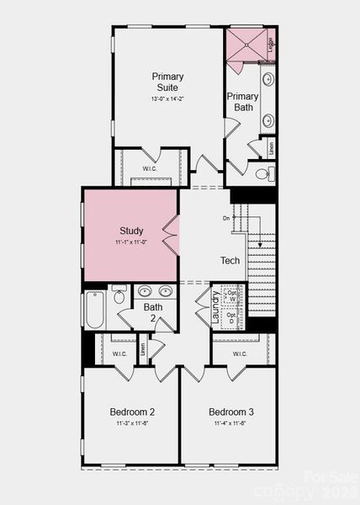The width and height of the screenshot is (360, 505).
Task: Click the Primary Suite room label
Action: coord(168,82)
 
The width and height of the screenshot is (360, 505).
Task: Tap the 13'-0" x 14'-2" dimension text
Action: coord(168,99)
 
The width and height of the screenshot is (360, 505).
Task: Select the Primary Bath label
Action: coord(242,102)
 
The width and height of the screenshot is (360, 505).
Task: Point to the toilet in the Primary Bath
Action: coord(261,175)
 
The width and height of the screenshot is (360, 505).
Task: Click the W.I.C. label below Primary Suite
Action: coord(150,168)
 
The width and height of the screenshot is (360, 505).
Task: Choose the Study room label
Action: coord(131,231)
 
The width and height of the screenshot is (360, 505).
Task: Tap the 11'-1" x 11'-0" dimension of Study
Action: coord(130,242)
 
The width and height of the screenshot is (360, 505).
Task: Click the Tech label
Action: coord(230,261)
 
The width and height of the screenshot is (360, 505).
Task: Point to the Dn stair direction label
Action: coord(226,219)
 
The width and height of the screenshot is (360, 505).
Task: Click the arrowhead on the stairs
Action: coord(260,245)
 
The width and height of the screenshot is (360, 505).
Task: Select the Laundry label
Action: coord(216,308)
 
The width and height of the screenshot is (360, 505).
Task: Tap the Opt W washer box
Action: coord(232,295)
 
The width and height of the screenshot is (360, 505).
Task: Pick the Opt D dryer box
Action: coord(232,319)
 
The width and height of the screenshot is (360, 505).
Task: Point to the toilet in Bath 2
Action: coord(119,295)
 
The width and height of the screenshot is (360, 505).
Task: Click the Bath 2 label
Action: coord(153,313)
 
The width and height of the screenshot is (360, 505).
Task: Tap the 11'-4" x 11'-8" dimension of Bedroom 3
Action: coord(230,424)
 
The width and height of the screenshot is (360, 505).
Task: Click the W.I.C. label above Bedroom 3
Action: coord(239,354)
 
